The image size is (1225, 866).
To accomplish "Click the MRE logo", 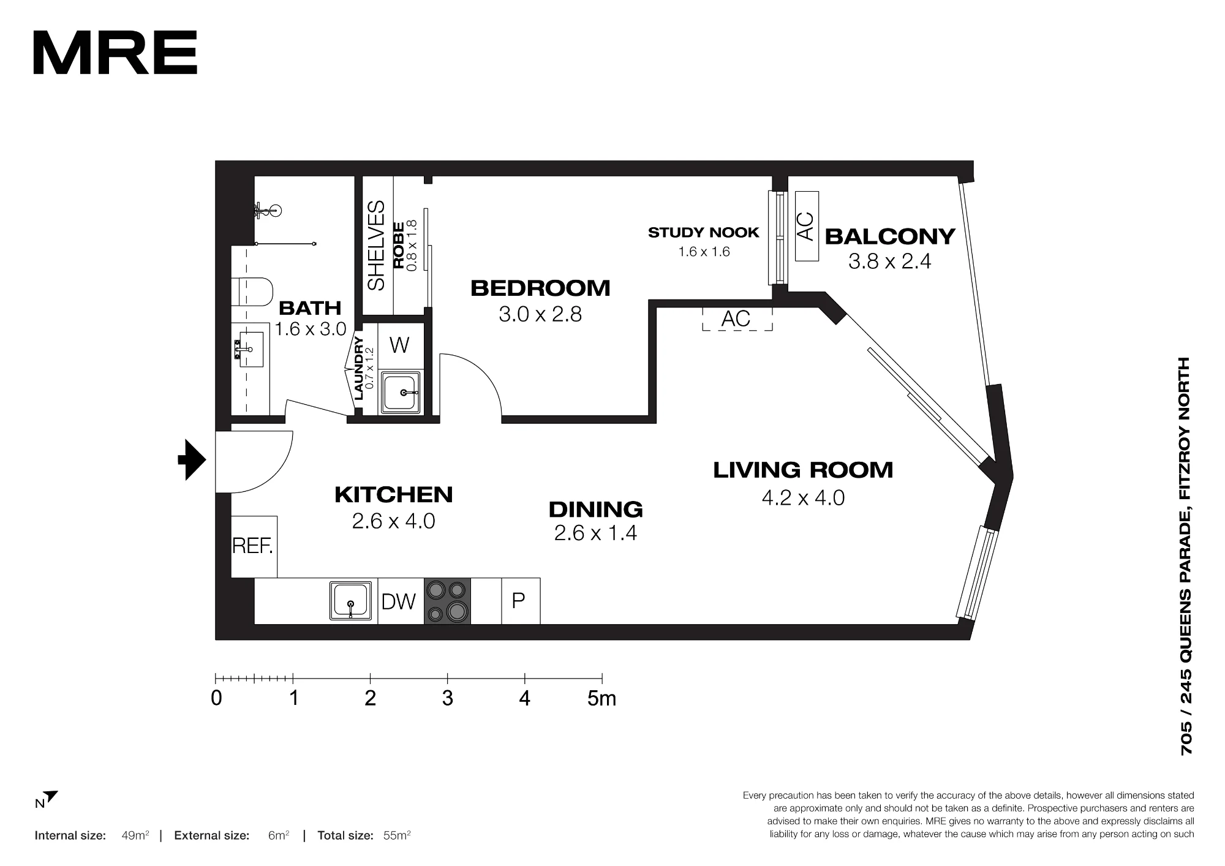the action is point(115,53).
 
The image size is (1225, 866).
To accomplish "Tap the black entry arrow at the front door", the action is point(192,459).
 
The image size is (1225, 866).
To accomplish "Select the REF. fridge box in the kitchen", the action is point(254,546).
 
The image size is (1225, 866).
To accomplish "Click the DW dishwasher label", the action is point(399,601).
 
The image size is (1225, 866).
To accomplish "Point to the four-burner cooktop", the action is point(447,601).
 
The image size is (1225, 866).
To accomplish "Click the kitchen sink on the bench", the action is point(351,601).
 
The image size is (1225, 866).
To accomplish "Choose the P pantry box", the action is point(521,601).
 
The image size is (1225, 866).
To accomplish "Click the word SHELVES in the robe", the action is point(376,246).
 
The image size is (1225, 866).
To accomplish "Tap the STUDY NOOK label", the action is point(704,233).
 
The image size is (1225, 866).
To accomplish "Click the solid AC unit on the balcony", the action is point(807,226).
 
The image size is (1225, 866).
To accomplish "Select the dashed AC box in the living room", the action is point(737,318).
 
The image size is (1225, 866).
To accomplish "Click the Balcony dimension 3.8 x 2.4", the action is point(889,262).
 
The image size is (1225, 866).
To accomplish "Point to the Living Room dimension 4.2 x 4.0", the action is point(803,497).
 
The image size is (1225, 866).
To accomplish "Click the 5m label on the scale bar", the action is point(601,698).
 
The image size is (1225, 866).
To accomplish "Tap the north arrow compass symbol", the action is point(47,799).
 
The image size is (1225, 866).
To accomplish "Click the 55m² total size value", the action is point(397,835).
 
